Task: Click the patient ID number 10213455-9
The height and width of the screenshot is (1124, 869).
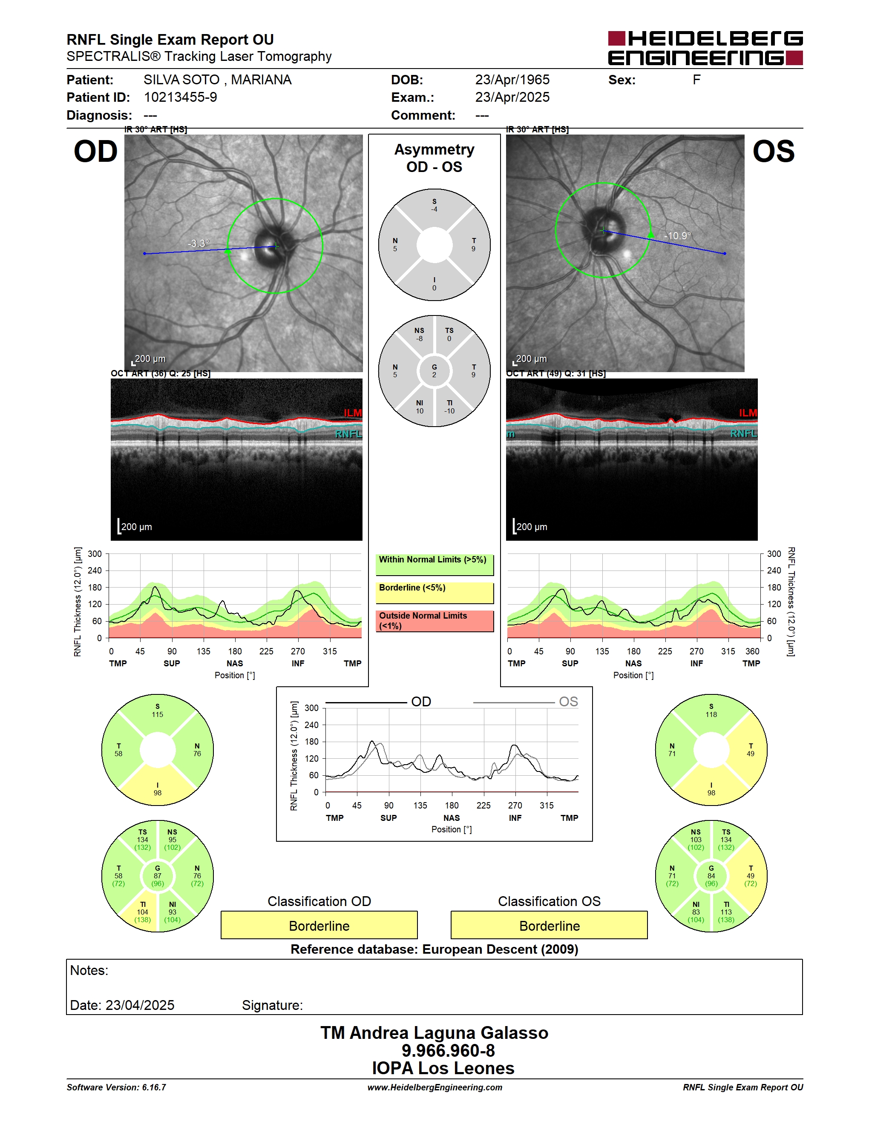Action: pyautogui.click(x=180, y=97)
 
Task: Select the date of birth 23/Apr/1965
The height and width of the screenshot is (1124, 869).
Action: pyautogui.click(x=512, y=80)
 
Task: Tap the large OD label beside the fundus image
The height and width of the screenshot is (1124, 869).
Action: pyautogui.click(x=96, y=152)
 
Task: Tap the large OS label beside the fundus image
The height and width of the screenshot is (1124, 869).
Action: pyautogui.click(x=773, y=152)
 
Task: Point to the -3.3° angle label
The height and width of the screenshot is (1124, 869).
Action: pyautogui.click(x=199, y=244)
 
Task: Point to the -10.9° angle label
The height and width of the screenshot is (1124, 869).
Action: pyautogui.click(x=677, y=236)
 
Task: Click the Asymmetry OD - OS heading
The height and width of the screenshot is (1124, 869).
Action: pyautogui.click(x=434, y=158)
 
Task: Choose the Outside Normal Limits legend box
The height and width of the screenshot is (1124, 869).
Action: pyautogui.click(x=434, y=621)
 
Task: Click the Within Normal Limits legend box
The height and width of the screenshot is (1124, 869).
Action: pyautogui.click(x=434, y=565)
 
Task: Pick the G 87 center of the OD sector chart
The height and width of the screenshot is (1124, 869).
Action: pyautogui.click(x=158, y=876)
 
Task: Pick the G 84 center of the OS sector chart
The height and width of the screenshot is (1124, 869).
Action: pyautogui.click(x=711, y=876)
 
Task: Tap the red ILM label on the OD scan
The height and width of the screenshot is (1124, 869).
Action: pyautogui.click(x=353, y=413)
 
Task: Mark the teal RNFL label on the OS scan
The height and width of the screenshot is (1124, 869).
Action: pyautogui.click(x=743, y=433)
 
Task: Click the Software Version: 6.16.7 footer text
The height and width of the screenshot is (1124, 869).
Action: pyautogui.click(x=116, y=1087)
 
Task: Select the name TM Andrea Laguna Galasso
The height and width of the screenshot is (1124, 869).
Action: pyautogui.click(x=434, y=1032)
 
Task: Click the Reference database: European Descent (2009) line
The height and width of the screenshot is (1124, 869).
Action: pyautogui.click(x=434, y=949)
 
